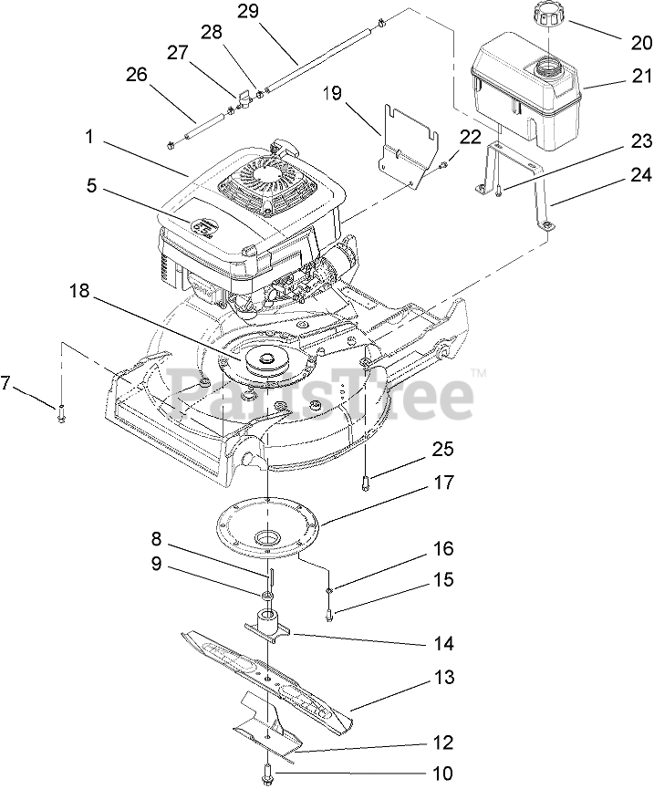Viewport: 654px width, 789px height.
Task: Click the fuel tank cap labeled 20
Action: (550, 16)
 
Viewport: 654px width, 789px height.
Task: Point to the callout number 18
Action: (79, 291)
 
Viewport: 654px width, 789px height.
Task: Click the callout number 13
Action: (442, 679)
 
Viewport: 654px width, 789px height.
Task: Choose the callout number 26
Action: (136, 75)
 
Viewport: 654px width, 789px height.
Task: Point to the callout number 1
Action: (89, 138)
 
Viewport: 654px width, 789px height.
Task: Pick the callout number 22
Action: (470, 138)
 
